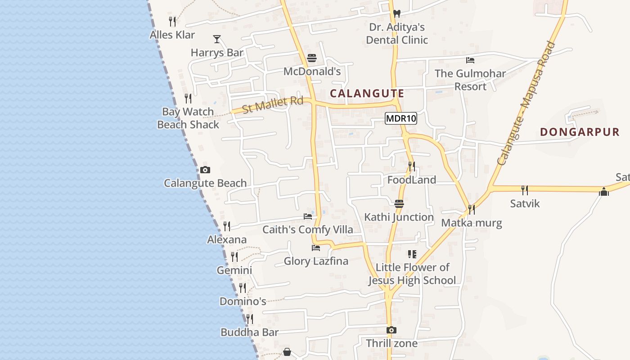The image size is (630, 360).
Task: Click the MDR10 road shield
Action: (x=401, y=119)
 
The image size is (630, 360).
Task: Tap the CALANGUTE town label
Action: (x=367, y=94)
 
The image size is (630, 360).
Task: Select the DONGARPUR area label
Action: (x=580, y=132)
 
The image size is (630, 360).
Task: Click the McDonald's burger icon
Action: (x=312, y=58)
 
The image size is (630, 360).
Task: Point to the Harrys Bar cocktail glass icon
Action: (x=217, y=39)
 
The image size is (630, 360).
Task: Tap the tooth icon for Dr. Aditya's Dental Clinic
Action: (x=396, y=14)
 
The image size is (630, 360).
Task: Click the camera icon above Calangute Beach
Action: (x=205, y=170)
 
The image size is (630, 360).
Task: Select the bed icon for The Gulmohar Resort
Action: (x=470, y=60)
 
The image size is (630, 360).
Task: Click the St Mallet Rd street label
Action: (x=273, y=105)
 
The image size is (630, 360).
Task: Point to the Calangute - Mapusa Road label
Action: (x=525, y=103)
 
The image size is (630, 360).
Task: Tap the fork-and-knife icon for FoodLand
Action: (x=411, y=166)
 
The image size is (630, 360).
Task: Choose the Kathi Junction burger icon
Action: (x=399, y=204)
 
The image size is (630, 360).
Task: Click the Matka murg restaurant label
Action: (x=471, y=223)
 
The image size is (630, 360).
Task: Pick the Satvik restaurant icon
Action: (x=524, y=190)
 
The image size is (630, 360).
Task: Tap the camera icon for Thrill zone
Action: (x=391, y=330)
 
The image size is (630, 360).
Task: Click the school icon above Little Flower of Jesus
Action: (x=412, y=254)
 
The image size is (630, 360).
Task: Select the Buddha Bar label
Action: (x=249, y=333)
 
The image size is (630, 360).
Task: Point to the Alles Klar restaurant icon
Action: (x=172, y=21)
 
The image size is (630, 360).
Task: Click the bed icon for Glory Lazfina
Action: (x=316, y=247)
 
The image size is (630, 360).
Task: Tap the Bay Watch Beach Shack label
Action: (x=188, y=118)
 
